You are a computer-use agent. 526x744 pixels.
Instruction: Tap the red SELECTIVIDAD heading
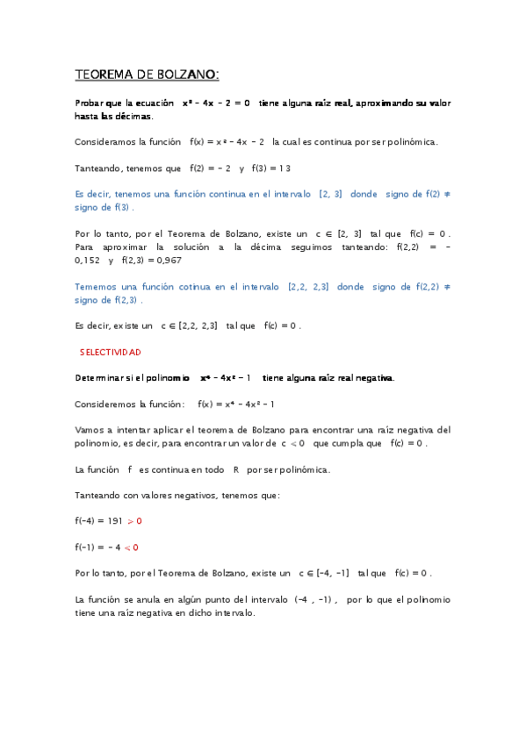pos(110,351)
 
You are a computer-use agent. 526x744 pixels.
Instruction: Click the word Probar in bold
pos(92,103)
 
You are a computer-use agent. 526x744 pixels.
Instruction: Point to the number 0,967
pos(160,260)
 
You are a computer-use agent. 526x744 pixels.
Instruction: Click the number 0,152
pos(88,260)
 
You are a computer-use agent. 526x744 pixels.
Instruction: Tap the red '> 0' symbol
pos(134,520)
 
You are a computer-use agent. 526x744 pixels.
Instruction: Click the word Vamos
pos(89,430)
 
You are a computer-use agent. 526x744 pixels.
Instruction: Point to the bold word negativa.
pos(374,377)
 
